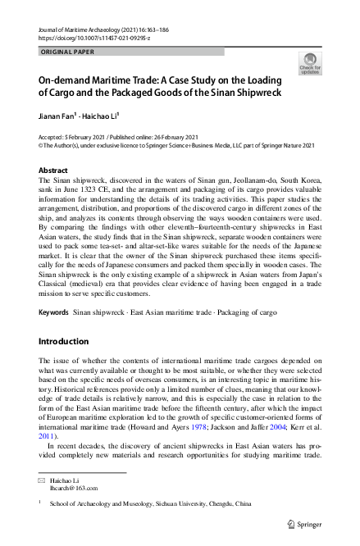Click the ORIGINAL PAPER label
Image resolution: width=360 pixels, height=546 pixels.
(x=66, y=51)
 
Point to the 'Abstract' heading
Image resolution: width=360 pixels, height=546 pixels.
(x=53, y=170)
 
